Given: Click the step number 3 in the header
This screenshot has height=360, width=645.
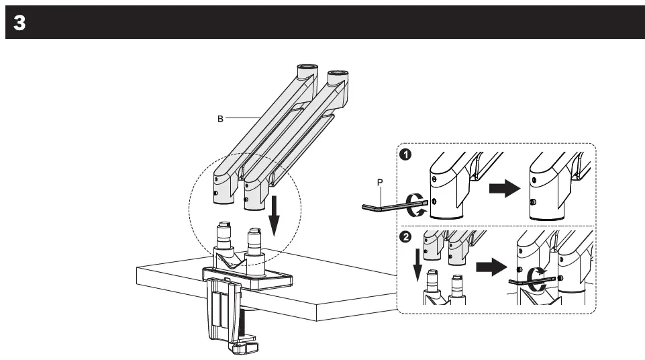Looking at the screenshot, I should [19, 23].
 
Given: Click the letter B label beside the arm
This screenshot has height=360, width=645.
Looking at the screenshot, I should [219, 118].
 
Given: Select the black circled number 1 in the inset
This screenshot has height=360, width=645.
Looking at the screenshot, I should [405, 154].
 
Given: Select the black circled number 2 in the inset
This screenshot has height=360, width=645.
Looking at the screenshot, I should [405, 237].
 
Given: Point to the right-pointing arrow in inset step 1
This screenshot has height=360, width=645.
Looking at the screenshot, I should [504, 189].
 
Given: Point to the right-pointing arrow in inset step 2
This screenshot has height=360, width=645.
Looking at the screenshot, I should [490, 267].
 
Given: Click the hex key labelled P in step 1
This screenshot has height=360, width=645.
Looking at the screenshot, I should [389, 209].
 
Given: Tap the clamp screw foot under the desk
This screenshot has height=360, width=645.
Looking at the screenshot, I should [245, 347].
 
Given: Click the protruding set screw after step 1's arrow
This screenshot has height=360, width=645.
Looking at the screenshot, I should [532, 202].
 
